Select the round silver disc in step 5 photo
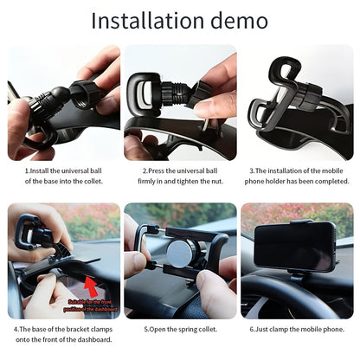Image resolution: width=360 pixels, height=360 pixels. click(180, 254)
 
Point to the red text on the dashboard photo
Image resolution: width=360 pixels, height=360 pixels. click(91, 303)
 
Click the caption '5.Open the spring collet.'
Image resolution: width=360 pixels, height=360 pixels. click(180, 330)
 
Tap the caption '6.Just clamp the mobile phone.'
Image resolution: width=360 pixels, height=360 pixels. click(298, 330)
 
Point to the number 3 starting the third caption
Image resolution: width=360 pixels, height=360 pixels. click(252, 170)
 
